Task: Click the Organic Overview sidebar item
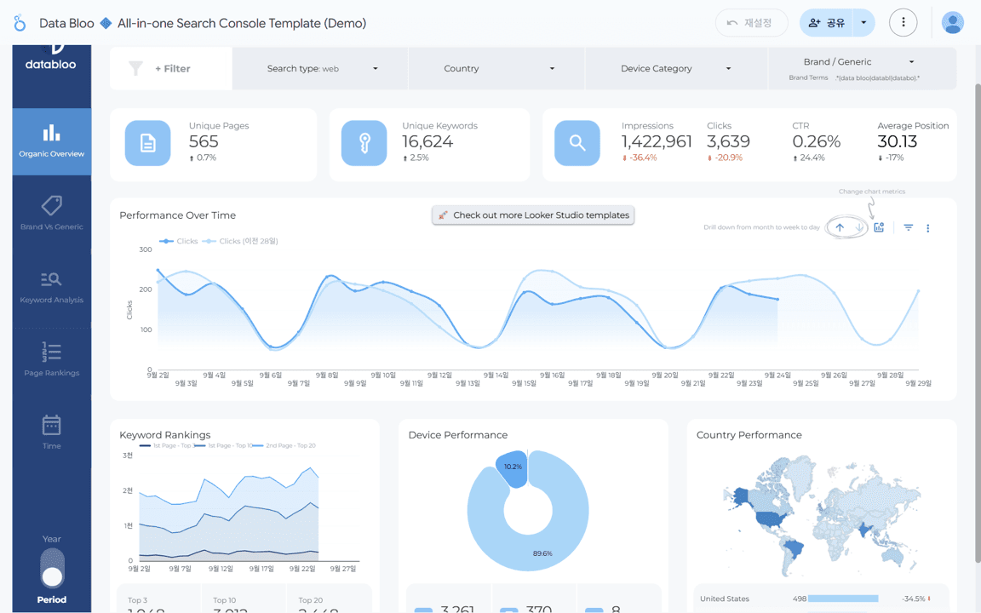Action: point(51,141)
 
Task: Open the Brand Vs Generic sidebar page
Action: point(51,213)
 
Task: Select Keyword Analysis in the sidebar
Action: point(51,287)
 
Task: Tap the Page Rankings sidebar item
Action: point(51,359)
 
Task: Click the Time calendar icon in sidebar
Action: point(51,425)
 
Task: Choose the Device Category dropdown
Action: point(675,68)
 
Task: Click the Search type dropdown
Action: point(321,68)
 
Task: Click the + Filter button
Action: point(171,68)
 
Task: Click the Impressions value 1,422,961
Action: point(657,141)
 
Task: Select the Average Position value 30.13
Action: point(897,141)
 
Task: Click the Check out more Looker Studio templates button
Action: point(533,215)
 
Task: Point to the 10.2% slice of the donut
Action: point(513,468)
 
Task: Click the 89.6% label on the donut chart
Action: point(542,553)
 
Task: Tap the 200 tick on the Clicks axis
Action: point(145,289)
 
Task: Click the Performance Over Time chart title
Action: point(177,215)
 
